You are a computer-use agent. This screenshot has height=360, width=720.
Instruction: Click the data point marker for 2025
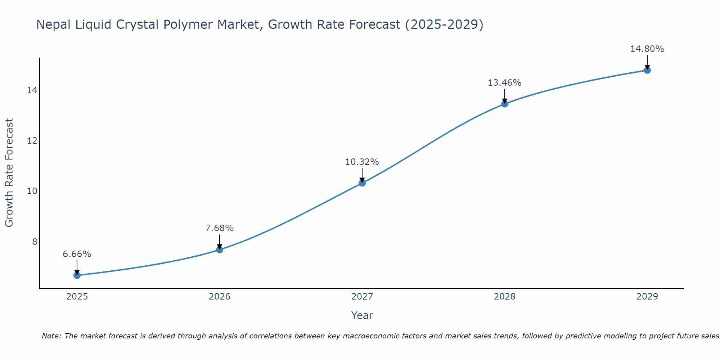click(x=77, y=275)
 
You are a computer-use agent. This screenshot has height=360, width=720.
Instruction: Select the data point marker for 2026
click(x=220, y=249)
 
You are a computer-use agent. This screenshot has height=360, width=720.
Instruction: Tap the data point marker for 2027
click(x=362, y=183)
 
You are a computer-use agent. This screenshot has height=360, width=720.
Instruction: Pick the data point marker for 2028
click(x=505, y=104)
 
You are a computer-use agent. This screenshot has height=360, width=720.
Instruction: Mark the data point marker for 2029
click(x=647, y=70)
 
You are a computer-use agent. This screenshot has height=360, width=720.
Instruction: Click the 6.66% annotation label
click(x=77, y=254)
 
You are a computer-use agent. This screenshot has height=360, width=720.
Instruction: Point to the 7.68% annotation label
click(x=220, y=228)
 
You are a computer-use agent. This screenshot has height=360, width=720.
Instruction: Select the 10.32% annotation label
click(x=362, y=162)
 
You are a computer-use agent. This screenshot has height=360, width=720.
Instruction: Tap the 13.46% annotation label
click(x=505, y=83)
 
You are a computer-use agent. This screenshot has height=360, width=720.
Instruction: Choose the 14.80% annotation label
click(x=647, y=49)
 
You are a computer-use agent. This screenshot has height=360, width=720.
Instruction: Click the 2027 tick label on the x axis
click(x=362, y=297)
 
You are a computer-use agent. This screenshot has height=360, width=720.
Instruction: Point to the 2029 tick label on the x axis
click(x=647, y=297)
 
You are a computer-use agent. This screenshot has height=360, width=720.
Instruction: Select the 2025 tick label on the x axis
click(x=77, y=297)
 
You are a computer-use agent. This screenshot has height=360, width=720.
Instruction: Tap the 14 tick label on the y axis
click(x=32, y=90)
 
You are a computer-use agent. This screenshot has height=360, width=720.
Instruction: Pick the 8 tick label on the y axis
click(x=35, y=242)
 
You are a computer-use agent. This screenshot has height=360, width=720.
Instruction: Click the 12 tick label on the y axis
click(x=32, y=141)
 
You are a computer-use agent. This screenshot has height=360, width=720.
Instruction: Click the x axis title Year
click(x=362, y=315)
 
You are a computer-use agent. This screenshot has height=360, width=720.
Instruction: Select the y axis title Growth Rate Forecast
click(x=9, y=173)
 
